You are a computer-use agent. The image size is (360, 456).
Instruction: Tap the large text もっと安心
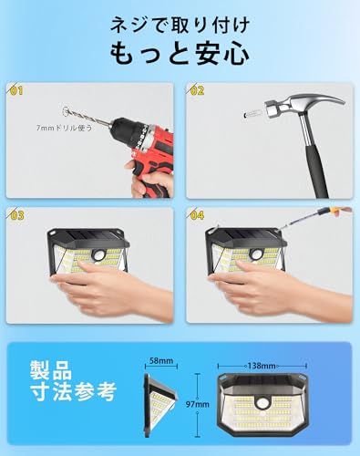[x=180, y=55]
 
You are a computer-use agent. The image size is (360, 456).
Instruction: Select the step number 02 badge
[x=198, y=91]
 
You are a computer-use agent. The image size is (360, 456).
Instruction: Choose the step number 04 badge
[x=198, y=215]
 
